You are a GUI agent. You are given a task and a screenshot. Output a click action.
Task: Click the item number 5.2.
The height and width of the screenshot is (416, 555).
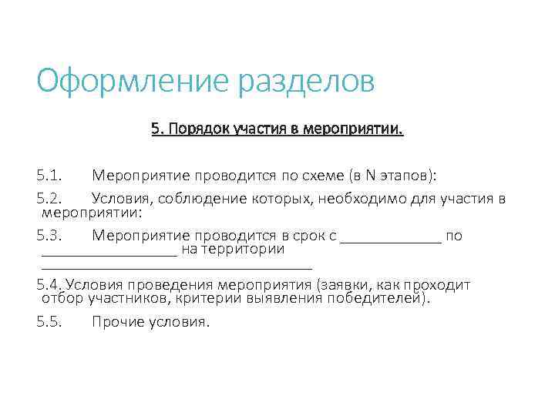coord(53,200)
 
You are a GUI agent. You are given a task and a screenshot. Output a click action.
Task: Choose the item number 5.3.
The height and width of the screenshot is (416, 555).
coord(53,236)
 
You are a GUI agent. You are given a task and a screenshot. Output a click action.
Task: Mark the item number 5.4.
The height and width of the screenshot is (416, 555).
coord(52,285)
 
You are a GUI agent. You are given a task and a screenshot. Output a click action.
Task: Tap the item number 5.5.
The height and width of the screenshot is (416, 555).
coord(53,321)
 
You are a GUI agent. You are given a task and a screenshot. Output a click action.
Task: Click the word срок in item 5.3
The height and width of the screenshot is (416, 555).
coord(311,236)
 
